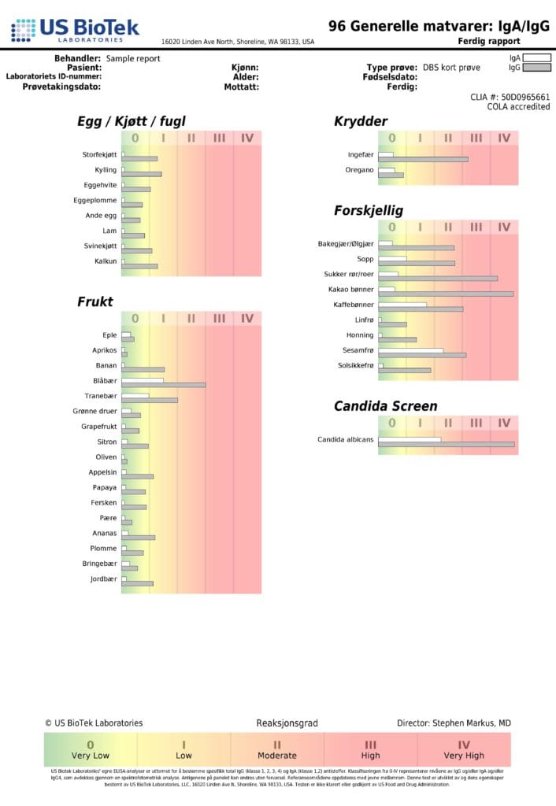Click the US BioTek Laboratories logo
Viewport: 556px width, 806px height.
point(75,31)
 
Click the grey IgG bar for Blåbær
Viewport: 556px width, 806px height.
point(163,385)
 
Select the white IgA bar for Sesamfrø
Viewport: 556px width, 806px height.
point(410,350)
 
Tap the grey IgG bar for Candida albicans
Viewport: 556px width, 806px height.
point(446,445)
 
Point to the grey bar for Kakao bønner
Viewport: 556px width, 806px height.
point(445,294)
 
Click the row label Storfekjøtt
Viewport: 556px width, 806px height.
point(100,154)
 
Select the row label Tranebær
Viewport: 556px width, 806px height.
point(101,396)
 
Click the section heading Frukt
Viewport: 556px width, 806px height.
point(95,301)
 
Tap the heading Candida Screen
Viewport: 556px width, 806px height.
point(385,406)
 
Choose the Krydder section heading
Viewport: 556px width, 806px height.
point(361,121)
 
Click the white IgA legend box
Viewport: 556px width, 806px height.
point(538,57)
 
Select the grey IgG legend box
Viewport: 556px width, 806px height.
point(538,68)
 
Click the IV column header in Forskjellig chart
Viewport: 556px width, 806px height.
point(504,227)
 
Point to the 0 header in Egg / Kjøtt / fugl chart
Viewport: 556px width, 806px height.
point(135,138)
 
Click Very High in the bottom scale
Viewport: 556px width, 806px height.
point(464,756)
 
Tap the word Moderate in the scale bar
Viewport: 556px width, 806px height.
point(277,756)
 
